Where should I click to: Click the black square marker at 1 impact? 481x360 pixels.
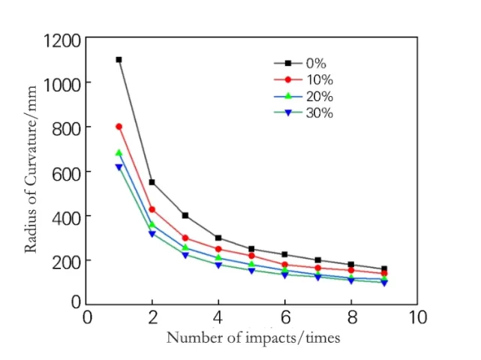pos(119,59)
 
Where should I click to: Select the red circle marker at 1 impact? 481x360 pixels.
pos(119,127)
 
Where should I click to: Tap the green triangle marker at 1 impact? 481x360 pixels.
pos(119,153)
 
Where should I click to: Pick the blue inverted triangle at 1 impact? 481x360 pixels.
pos(119,167)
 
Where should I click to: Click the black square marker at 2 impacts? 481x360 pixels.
pos(152,182)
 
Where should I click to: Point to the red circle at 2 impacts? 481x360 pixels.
pos(152,209)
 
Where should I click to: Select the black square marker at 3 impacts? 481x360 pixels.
pos(185,215)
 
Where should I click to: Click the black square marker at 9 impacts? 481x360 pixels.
pos(384,268)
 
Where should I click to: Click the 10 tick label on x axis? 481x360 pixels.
pos(417,317)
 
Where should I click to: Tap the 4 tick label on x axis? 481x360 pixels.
pos(218,317)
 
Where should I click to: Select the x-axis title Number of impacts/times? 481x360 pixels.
pos(253,337)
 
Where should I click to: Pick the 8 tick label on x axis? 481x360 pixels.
pos(350,317)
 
